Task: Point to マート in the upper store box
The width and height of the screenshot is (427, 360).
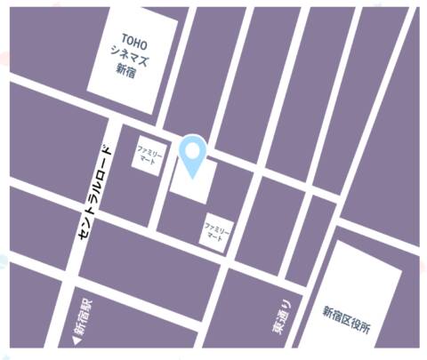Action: coord(149,161)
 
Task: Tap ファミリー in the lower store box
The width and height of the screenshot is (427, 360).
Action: coord(217,228)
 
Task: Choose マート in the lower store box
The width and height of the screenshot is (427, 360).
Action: coord(217,236)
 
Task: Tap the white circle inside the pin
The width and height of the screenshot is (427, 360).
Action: coord(192,149)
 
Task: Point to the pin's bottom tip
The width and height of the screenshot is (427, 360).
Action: coord(192,174)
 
